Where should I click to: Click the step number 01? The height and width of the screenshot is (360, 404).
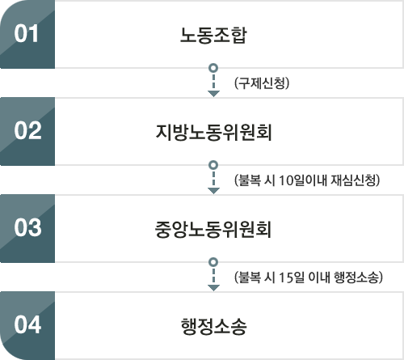[x=26, y=34]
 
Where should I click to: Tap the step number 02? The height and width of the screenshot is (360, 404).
[x=27, y=131]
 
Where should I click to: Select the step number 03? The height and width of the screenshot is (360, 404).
[x=27, y=228]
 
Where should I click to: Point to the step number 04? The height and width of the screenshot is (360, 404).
[x=27, y=325]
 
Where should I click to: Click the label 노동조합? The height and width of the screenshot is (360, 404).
[x=213, y=35]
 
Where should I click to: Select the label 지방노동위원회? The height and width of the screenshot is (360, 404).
[x=213, y=132]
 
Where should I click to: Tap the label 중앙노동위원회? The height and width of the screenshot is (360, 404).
[x=213, y=229]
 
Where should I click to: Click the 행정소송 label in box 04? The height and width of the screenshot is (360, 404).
[x=213, y=326]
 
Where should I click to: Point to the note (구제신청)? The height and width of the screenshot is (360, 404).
[x=262, y=83]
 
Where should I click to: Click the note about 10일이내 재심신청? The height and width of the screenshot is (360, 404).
[x=307, y=180]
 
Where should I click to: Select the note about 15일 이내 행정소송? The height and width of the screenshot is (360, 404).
[x=309, y=277]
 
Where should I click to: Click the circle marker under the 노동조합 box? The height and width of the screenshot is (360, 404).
[x=213, y=68]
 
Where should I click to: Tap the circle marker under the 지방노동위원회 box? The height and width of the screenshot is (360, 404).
[x=213, y=165]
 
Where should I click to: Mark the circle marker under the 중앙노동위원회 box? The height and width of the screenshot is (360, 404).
[x=213, y=262]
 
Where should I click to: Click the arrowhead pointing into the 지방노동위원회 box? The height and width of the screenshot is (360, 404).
[x=213, y=94]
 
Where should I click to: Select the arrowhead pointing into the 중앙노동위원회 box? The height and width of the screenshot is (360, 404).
[x=213, y=191]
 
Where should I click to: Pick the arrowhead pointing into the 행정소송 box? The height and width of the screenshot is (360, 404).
[x=213, y=288]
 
